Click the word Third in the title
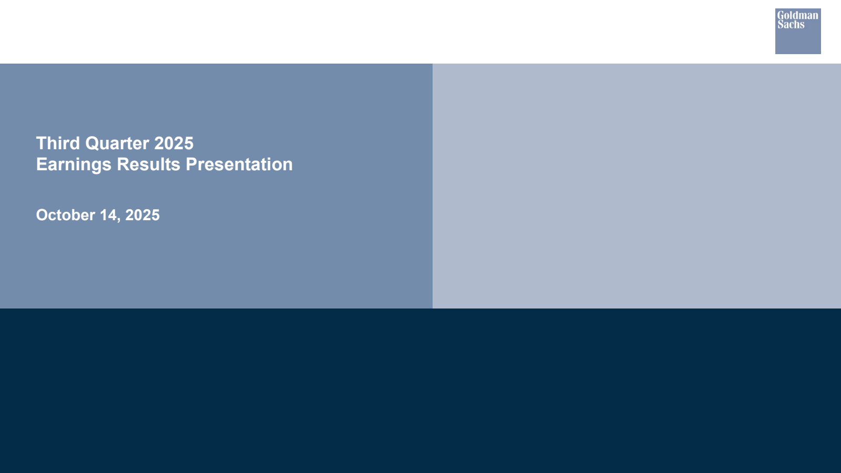58,143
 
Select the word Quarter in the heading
117,143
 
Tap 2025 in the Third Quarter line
174,143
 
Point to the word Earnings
74,165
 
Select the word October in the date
65,215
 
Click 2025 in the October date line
142,215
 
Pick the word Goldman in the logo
797,15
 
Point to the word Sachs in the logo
791,24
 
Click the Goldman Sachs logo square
798,31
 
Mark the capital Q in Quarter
93,143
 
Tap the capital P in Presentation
191,164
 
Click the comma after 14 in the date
119,220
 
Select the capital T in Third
42,143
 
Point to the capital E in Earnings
42,164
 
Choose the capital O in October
43,215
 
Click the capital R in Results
123,164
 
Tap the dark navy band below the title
420,391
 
